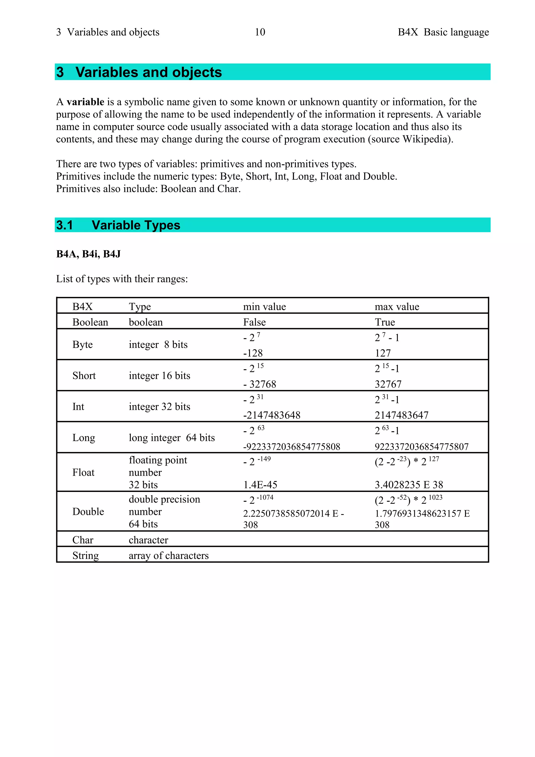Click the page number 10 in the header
pos(260,32)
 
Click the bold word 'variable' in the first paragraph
pos(85,102)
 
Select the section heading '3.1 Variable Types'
pos(118,225)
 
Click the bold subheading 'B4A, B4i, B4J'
pos(88,254)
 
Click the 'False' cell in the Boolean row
pos(254,322)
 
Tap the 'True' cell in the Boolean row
pos(385,322)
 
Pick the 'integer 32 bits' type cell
pos(159,406)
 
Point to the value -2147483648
pos(271,415)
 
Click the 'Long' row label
pos(84,438)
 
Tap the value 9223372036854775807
pos(421,447)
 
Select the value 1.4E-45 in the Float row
pos(260,485)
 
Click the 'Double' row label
pos(88,512)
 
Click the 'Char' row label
pos(83,540)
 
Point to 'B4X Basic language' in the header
pos(443,32)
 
